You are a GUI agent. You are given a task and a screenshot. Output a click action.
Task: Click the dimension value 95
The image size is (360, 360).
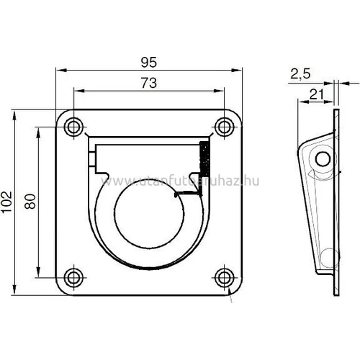coord(149,63)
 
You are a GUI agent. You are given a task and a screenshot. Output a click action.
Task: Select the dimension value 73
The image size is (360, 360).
coord(149,84)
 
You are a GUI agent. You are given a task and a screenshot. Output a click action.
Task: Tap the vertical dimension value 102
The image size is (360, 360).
coord(8,203)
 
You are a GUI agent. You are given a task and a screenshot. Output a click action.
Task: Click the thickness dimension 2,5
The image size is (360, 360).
coord(302,73)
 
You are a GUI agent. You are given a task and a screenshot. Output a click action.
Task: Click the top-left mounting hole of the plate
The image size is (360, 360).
coord(73,127)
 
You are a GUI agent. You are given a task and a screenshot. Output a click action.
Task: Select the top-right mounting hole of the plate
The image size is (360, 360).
coord(225,127)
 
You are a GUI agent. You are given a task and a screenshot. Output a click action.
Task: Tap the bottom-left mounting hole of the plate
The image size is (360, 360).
coord(73,277)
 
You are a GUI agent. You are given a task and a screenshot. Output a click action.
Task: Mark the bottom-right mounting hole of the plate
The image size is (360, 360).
coord(225,277)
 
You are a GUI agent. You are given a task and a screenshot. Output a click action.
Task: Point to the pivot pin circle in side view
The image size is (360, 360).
coord(323,158)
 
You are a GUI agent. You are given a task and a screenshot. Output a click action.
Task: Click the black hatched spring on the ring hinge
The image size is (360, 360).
coord(204,158)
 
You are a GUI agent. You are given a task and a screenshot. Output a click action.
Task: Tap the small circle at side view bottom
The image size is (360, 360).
coord(327,256)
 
